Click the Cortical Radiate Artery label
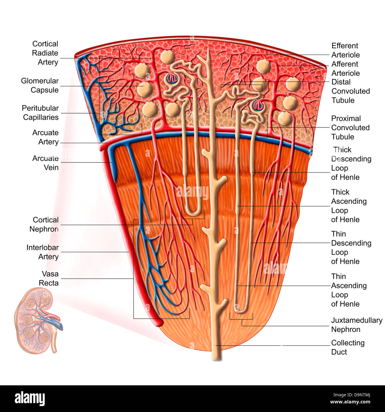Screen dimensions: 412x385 [x=45, y=53]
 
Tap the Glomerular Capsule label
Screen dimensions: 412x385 [x=40, y=85]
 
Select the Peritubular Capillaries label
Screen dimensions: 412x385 [x=41, y=113]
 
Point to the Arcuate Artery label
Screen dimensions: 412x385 [x=45, y=137]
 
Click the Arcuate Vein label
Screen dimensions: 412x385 [x=45, y=163]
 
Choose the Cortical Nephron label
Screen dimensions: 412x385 [x=44, y=224]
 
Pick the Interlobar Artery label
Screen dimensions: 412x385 [x=43, y=252]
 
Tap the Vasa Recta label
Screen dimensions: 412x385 [x=49, y=278]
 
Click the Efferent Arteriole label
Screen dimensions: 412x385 [x=345, y=50]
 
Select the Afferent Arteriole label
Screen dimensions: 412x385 [x=345, y=68]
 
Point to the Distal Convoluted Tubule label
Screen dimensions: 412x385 [x=350, y=91]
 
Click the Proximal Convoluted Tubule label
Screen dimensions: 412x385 [x=350, y=127]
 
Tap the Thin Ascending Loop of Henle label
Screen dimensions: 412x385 [x=349, y=290]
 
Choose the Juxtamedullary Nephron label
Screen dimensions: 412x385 [x=356, y=325]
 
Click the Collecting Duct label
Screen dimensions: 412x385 [x=347, y=347]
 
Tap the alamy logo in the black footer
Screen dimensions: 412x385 [x=30, y=399]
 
